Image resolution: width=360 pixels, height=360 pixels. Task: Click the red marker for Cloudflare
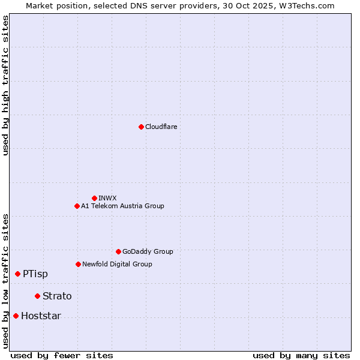(x=141, y=127)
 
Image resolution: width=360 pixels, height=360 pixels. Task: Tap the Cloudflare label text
(x=161, y=127)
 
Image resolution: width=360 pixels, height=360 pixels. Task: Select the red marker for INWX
(x=94, y=198)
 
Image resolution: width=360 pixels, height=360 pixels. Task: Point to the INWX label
(x=107, y=198)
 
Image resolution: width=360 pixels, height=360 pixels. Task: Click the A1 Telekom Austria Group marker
(x=77, y=206)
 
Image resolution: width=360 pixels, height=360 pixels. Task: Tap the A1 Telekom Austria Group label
(x=122, y=206)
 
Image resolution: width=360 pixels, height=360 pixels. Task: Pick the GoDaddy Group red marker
(x=118, y=251)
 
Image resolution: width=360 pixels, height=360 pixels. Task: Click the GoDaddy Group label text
(x=148, y=251)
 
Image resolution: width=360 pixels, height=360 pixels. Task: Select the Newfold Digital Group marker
(x=78, y=264)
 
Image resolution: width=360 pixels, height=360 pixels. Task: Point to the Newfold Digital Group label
(x=117, y=264)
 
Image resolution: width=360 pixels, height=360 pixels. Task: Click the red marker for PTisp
(x=17, y=274)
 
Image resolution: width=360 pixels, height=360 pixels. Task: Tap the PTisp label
(x=35, y=274)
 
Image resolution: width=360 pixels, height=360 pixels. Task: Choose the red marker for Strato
(x=37, y=296)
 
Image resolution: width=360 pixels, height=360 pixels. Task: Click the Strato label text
(x=57, y=296)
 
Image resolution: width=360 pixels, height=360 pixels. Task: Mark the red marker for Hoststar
(x=16, y=316)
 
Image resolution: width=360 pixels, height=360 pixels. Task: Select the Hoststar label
(x=41, y=316)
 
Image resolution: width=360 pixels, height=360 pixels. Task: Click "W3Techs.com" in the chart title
(x=310, y=5)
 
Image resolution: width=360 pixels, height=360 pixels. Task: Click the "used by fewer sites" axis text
(x=62, y=355)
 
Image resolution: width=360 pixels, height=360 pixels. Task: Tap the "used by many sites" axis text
(x=301, y=355)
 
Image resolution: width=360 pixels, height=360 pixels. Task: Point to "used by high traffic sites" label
(x=5, y=85)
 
